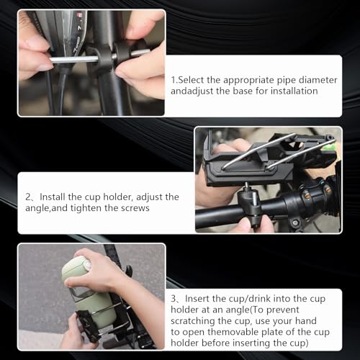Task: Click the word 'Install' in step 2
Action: [x=54, y=197]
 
